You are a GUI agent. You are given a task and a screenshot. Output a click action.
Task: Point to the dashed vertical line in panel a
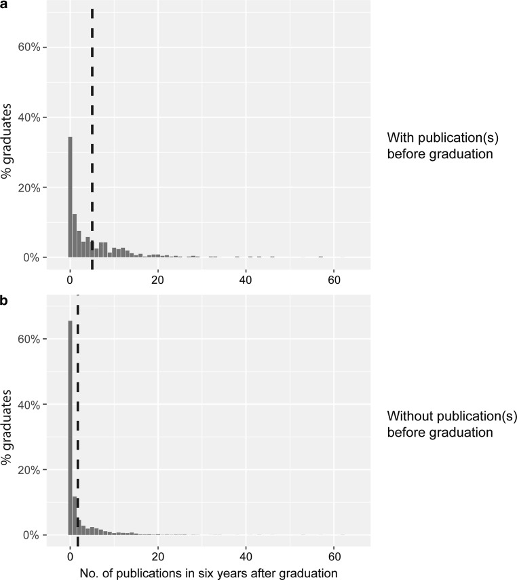tap(92, 136)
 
